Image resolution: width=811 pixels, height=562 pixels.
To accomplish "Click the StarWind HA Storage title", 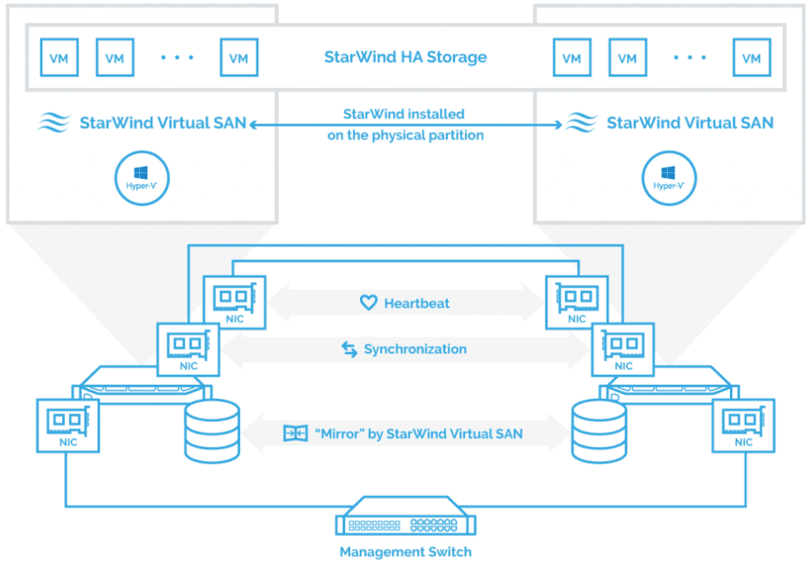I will click(x=405, y=57).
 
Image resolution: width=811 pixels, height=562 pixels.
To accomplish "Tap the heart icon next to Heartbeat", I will click(x=368, y=303).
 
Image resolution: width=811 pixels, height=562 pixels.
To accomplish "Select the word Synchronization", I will click(x=415, y=349).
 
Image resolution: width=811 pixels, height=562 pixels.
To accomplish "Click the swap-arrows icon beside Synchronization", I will click(x=349, y=349).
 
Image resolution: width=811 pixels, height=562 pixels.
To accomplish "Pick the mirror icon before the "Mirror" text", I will click(x=295, y=433).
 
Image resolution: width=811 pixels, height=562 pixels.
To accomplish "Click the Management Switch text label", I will click(x=405, y=551).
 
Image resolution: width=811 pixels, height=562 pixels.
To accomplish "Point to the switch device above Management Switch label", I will click(x=405, y=520).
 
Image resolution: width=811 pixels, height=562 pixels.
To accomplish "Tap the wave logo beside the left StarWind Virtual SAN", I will click(x=54, y=123).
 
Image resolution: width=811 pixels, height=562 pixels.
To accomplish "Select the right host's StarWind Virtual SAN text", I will click(x=689, y=123).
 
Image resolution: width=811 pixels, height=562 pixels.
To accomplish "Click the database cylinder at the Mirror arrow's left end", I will click(x=212, y=431).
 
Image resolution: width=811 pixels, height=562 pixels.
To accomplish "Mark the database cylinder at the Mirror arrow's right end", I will click(x=599, y=431).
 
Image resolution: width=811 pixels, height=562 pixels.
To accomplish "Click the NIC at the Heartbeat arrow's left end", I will click(x=234, y=302).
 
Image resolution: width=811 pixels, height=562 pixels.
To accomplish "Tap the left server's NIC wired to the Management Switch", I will click(x=68, y=425).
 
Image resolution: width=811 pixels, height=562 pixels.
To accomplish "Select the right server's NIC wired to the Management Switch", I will click(x=743, y=425).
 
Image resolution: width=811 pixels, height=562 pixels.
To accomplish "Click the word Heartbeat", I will click(x=416, y=303).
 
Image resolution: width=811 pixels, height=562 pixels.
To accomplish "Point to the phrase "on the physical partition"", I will click(x=405, y=134).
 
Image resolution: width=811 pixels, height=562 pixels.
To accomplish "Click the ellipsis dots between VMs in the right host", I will click(x=689, y=58).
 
